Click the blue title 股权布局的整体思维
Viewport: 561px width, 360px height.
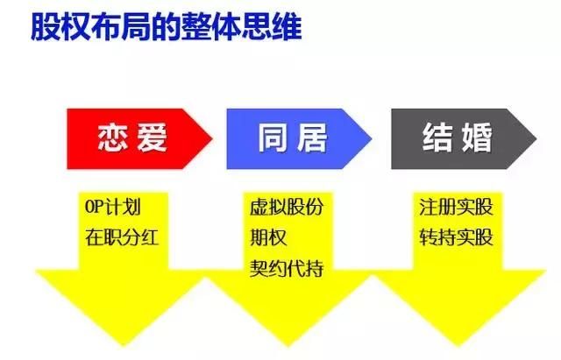pyautogui.click(x=167, y=27)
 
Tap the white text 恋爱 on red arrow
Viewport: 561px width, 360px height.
pyautogui.click(x=132, y=138)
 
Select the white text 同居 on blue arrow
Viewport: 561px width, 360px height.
pyautogui.click(x=293, y=138)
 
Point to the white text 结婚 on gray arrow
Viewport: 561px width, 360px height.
pyautogui.click(x=458, y=138)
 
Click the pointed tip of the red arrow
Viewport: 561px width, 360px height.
pyautogui.click(x=212, y=138)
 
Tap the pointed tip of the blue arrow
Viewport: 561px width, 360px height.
pyautogui.click(x=372, y=138)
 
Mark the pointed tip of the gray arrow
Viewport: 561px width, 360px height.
pyautogui.click(x=536, y=138)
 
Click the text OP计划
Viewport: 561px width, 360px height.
pyautogui.click(x=113, y=207)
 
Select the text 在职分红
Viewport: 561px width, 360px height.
pyautogui.click(x=122, y=237)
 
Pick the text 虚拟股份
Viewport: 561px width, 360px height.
pyautogui.click(x=287, y=207)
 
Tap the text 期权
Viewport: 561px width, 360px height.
pyautogui.click(x=268, y=237)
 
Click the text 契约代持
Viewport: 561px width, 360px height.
pyautogui.click(x=287, y=268)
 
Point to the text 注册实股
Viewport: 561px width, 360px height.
pyautogui.click(x=456, y=207)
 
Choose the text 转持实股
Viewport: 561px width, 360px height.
pyautogui.click(x=456, y=237)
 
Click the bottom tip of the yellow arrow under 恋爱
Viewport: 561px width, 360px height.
pyautogui.click(x=123, y=346)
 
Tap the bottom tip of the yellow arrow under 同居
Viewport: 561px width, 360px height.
pyautogui.click(x=288, y=346)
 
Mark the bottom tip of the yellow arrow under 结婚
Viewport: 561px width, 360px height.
pyautogui.click(x=458, y=346)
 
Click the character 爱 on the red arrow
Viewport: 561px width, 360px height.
pyautogui.click(x=152, y=138)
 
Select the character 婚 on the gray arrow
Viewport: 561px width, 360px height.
pyautogui.click(x=477, y=138)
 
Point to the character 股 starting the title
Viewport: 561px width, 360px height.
pyautogui.click(x=46, y=27)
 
